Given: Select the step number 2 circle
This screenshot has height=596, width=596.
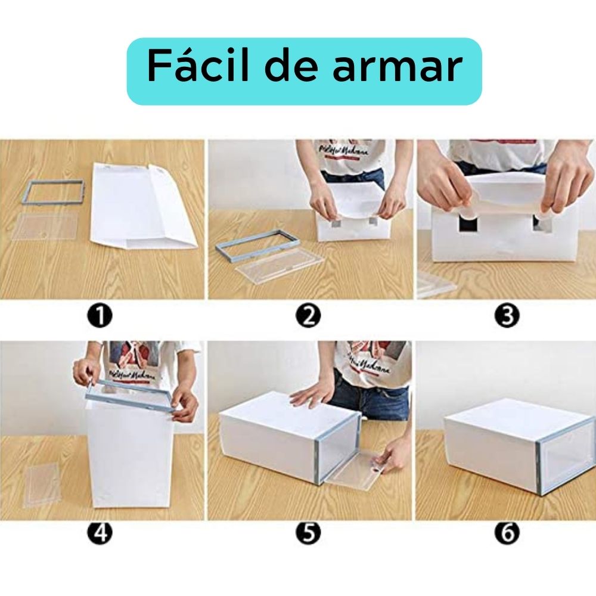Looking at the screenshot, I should click(308, 315).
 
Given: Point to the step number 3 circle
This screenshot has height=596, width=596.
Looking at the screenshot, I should click(507, 315).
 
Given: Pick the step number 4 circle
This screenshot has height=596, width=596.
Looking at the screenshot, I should click(100, 532).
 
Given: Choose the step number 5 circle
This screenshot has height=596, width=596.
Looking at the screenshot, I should click(308, 532).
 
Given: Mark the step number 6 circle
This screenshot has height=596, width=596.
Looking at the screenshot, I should click(507, 532).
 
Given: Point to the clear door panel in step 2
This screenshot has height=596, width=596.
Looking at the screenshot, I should click(280, 266).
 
